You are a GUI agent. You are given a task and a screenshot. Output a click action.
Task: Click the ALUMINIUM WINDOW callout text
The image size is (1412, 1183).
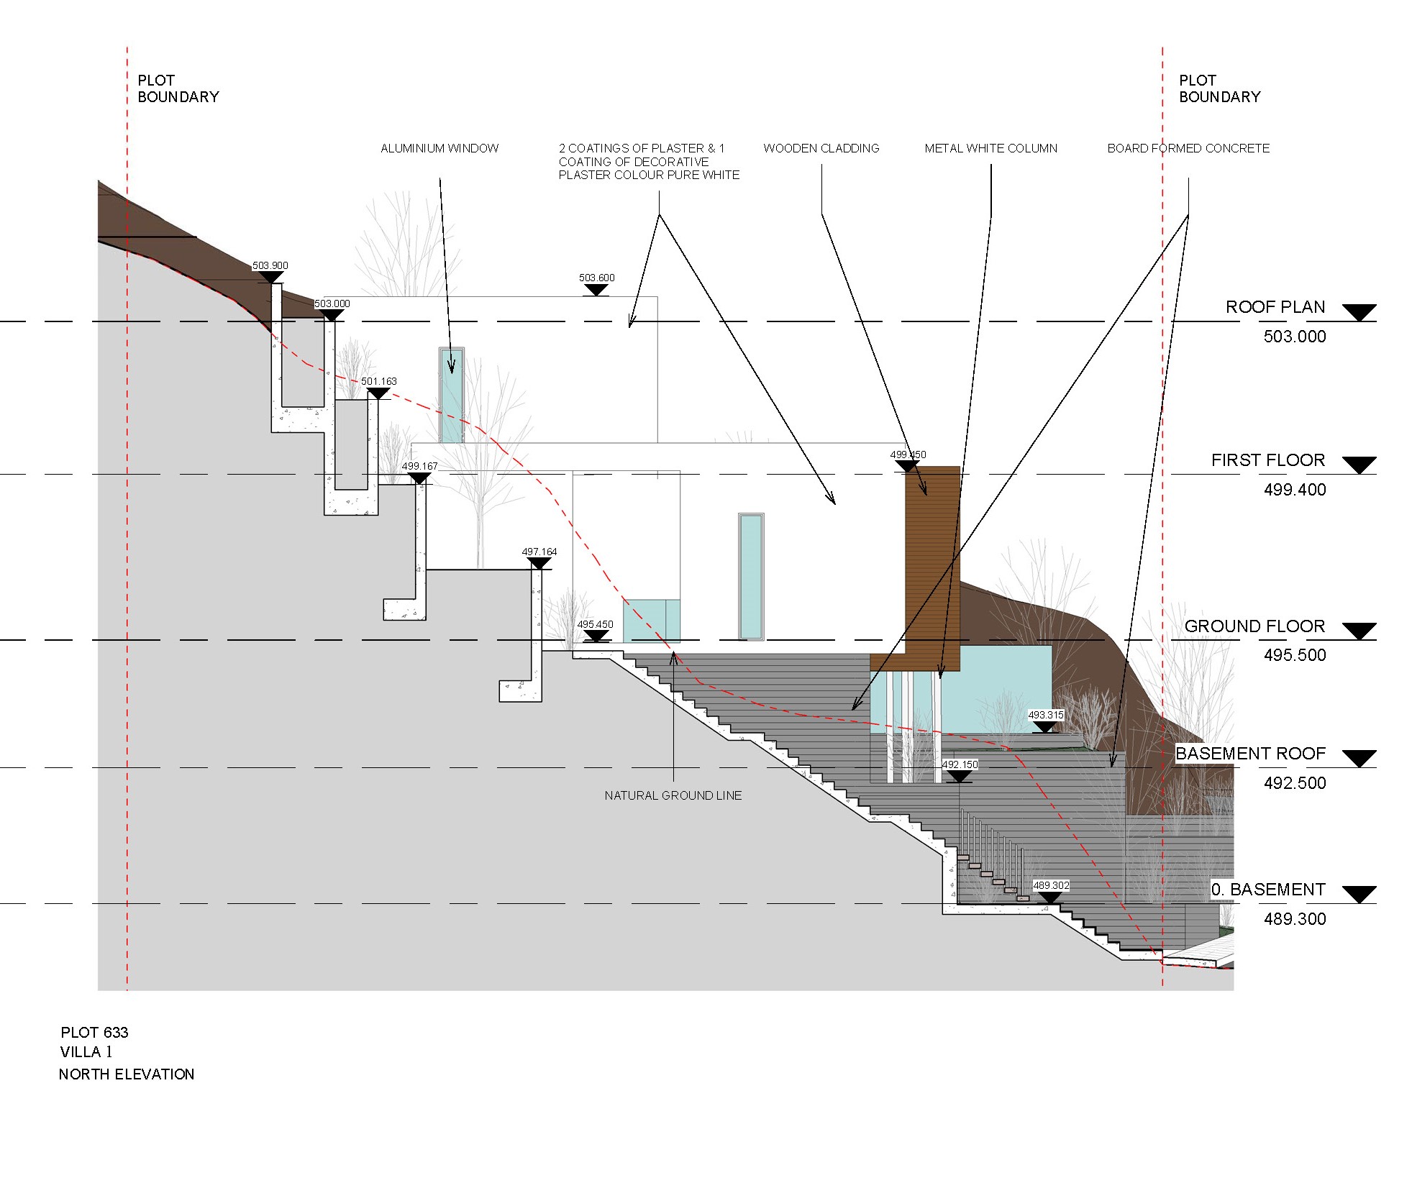point(439,148)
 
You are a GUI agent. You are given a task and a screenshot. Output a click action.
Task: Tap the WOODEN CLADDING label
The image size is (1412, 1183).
point(821,148)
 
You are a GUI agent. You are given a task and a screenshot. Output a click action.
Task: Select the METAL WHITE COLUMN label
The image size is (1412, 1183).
point(991,148)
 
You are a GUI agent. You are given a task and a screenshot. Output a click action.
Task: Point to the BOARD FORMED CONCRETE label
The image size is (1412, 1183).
point(1188,148)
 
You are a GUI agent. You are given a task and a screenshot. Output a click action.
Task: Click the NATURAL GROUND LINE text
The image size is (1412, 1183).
point(673,795)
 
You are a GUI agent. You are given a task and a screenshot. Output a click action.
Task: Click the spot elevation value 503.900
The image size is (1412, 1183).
point(270,265)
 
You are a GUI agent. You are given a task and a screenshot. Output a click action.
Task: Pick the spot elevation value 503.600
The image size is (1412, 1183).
point(597,278)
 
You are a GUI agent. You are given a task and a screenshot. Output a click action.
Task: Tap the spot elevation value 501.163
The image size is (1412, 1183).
point(379,381)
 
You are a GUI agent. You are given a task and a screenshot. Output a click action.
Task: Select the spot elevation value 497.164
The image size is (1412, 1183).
point(539,552)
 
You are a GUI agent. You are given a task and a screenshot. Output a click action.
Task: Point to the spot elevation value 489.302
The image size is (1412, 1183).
point(1051,885)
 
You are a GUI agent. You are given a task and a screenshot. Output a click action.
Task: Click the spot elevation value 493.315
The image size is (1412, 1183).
point(1046,715)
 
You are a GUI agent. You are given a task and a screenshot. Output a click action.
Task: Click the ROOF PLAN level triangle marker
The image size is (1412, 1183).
point(1359,313)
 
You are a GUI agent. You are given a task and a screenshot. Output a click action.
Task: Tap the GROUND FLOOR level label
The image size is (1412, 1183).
point(1254,626)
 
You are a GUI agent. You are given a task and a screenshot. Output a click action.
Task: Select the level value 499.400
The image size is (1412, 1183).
point(1295,490)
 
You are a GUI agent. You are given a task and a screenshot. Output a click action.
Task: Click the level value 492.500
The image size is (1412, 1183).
point(1295,783)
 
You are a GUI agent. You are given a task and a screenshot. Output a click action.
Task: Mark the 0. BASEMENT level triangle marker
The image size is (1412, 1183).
point(1359,895)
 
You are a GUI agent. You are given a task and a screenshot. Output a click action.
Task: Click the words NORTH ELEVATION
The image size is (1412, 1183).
point(127,1074)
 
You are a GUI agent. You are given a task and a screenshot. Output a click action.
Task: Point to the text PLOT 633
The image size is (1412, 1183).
point(94,1033)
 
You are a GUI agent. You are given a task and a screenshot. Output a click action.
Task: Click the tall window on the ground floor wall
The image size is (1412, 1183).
point(751,576)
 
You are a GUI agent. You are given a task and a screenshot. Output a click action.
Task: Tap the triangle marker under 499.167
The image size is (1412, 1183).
point(419,478)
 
